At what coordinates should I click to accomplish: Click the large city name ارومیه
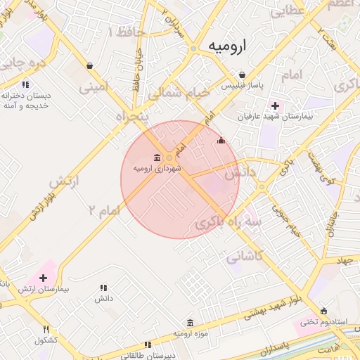(x=229, y=46)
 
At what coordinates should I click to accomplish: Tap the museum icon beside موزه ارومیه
(x=191, y=323)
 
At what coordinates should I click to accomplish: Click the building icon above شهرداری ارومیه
(x=156, y=157)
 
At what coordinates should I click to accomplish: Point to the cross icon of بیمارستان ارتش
(x=44, y=278)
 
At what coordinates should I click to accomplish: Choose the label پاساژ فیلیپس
(x=242, y=86)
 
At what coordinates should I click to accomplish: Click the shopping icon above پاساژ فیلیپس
(x=242, y=75)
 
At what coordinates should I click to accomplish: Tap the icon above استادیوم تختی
(x=323, y=311)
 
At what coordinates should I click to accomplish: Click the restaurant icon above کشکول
(x=46, y=329)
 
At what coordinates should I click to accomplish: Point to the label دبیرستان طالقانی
(x=147, y=356)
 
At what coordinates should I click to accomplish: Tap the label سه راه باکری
(x=228, y=223)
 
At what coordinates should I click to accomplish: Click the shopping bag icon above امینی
(x=90, y=65)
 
